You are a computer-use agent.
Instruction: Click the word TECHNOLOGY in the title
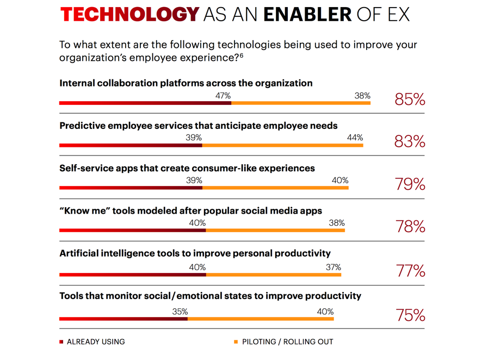click(x=129, y=15)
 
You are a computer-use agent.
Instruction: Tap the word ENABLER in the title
click(x=307, y=15)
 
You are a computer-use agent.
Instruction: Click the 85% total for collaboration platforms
click(x=410, y=100)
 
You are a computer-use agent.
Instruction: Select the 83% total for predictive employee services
click(x=410, y=142)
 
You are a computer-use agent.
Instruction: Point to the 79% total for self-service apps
click(x=410, y=184)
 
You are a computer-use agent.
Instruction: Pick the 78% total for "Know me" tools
click(x=410, y=227)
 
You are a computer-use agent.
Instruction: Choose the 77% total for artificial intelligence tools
click(x=410, y=270)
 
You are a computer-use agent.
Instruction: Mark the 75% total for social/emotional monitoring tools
click(x=410, y=315)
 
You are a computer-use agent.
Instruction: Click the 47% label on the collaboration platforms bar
click(x=223, y=96)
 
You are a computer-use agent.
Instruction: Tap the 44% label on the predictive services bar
click(x=355, y=138)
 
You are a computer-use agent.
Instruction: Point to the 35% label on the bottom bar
click(x=180, y=312)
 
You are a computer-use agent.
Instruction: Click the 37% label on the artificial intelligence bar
click(x=333, y=267)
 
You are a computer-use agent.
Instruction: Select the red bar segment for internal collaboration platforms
click(x=145, y=103)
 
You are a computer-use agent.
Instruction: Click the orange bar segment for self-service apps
click(x=275, y=188)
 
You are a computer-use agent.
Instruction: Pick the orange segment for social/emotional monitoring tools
click(x=261, y=319)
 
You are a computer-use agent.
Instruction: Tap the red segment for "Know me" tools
click(x=132, y=231)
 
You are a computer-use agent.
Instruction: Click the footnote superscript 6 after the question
click(x=241, y=55)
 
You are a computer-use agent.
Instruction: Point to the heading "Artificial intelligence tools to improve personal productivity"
click(x=195, y=253)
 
